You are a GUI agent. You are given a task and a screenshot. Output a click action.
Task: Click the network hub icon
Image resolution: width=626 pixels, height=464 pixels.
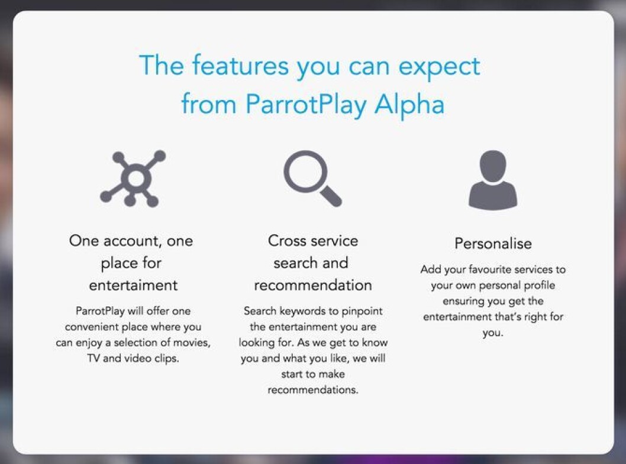click(135, 179)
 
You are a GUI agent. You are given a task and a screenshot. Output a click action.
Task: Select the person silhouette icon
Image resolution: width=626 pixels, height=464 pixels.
click(493, 180)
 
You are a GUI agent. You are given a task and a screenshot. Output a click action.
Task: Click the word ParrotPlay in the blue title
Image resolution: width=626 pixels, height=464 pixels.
click(306, 105)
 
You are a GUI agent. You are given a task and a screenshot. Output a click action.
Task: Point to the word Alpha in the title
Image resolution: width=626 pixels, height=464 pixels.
click(409, 105)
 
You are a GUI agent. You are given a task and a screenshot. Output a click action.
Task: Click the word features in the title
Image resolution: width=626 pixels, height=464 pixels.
click(240, 66)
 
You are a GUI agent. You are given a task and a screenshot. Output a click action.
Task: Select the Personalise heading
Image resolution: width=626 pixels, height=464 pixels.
click(493, 244)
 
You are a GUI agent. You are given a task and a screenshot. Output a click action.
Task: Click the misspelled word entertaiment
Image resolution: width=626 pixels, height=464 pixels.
click(133, 285)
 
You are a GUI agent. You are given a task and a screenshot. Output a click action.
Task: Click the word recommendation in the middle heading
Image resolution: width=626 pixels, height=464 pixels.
click(313, 285)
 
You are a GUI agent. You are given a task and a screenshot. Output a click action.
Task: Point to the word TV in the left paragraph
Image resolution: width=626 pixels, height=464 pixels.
click(93, 358)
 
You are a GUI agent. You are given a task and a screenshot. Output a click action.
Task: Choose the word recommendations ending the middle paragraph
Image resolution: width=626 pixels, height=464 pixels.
click(313, 390)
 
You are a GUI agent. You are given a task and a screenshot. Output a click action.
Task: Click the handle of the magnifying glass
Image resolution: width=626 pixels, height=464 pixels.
click(331, 196)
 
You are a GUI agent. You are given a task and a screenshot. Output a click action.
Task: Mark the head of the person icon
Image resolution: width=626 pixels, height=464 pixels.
click(493, 166)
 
